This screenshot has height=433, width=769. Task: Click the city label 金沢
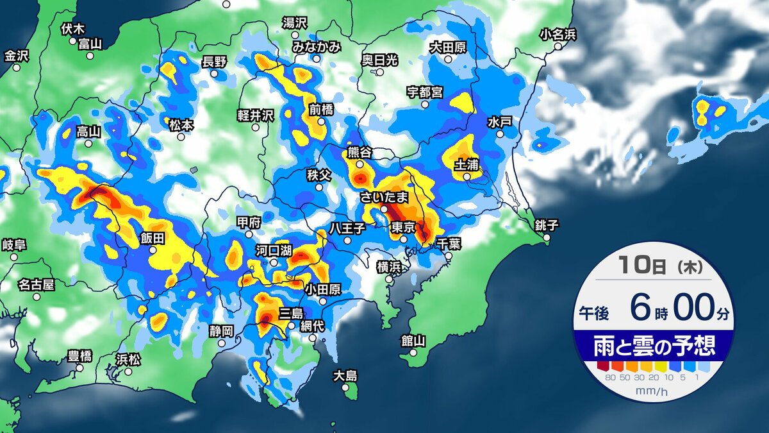click(17, 56)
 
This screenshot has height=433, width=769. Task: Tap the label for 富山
click(90, 44)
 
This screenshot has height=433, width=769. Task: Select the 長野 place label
click(214, 62)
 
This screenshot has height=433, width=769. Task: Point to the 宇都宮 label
click(424, 92)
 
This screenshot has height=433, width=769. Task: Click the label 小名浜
click(558, 34)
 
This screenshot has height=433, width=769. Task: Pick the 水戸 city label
click(499, 121)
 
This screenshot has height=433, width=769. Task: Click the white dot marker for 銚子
click(547, 237)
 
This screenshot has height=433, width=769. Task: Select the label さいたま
click(384, 197)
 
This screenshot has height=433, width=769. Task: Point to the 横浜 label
click(389, 266)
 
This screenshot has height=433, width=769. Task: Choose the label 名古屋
click(37, 284)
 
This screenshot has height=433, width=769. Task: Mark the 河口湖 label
click(274, 250)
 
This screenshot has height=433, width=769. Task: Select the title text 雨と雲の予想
click(653, 347)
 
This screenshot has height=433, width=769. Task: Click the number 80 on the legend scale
click(609, 378)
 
